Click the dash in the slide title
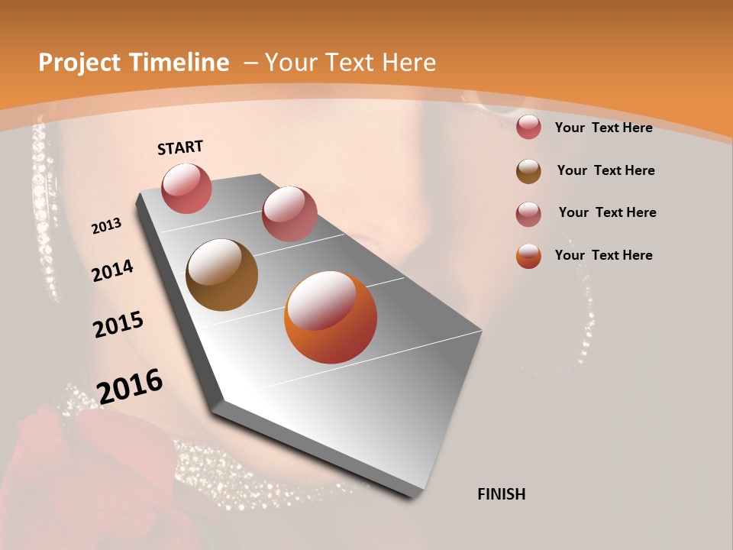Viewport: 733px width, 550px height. [250, 63]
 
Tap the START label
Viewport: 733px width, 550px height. [180, 147]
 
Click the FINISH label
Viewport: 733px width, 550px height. [501, 494]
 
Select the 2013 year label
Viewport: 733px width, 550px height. [107, 226]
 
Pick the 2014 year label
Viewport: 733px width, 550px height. [113, 271]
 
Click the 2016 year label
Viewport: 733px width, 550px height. [130, 387]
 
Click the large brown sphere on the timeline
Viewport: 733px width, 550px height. [221, 275]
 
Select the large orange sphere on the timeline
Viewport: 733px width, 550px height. [330, 317]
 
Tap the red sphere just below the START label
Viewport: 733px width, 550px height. [186, 188]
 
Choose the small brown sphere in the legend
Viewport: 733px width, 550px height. [528, 171]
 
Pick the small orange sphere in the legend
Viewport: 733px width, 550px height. [528, 256]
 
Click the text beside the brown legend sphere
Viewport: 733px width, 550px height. [605, 170]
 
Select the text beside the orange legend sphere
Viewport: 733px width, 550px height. [603, 255]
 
